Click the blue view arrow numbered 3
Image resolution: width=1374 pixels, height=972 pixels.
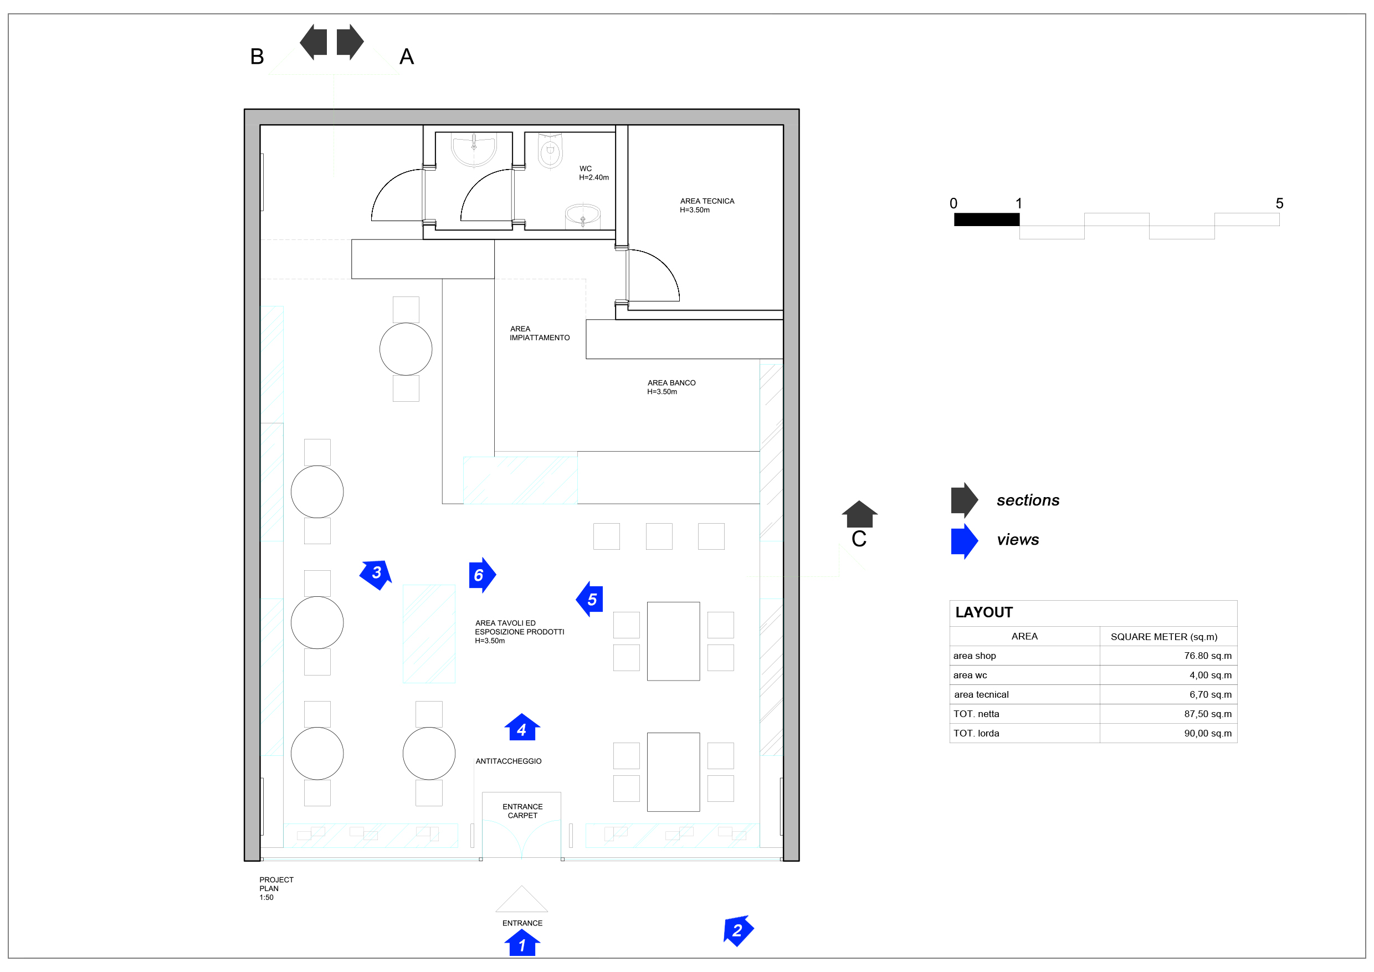376,575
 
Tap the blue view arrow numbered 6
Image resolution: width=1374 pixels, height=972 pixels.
482,575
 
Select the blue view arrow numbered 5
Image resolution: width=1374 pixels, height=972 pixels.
589,598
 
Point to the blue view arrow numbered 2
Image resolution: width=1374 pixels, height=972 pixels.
738,930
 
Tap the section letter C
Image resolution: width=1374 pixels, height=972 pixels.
859,539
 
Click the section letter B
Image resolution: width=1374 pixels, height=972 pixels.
257,57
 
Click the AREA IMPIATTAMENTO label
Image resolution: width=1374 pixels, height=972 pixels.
539,334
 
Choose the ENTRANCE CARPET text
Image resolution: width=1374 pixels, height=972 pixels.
522,811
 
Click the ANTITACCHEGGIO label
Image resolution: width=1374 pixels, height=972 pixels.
509,761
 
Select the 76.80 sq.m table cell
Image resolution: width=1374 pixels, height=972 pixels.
1208,656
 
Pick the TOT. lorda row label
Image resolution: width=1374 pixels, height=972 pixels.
976,733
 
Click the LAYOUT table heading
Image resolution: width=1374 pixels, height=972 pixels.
984,612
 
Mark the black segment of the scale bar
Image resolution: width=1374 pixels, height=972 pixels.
987,219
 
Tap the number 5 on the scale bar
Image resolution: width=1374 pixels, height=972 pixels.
1279,203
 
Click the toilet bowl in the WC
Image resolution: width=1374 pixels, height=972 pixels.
551,151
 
